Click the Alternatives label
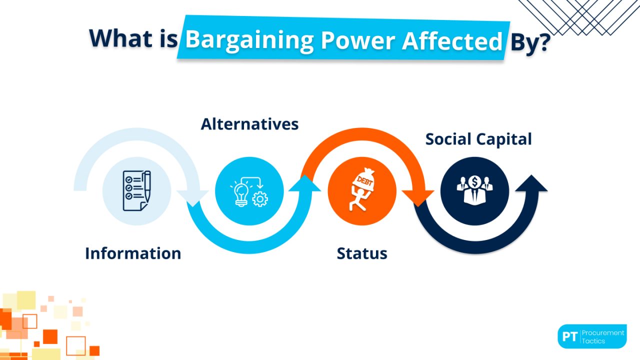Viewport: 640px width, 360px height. click(x=249, y=124)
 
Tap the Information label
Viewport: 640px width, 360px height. click(x=133, y=253)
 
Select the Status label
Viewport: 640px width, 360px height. click(x=362, y=253)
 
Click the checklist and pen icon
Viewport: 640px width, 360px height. click(x=136, y=190)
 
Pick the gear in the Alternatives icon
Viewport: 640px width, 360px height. click(x=260, y=199)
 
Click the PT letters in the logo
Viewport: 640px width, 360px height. click(x=569, y=336)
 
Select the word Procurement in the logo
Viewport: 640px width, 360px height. click(x=603, y=332)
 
